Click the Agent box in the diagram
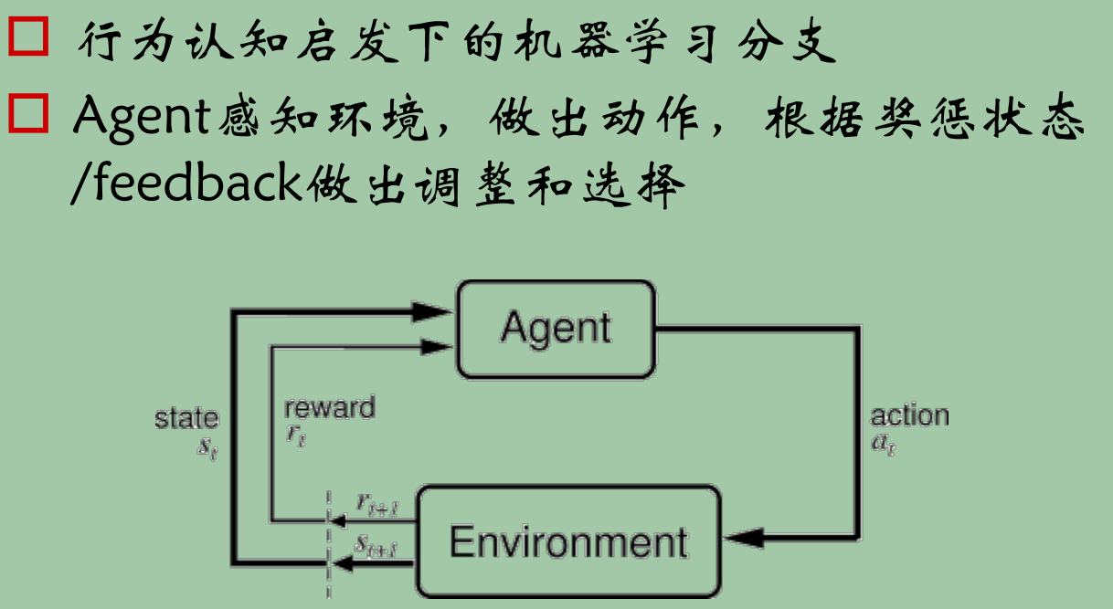pyautogui.click(x=556, y=329)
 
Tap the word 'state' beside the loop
pyautogui.click(x=186, y=419)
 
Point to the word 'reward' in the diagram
pyautogui.click(x=329, y=408)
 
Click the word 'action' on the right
pyautogui.click(x=909, y=416)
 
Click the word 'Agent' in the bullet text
pyautogui.click(x=142, y=117)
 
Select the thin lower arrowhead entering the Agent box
pyautogui.click(x=439, y=345)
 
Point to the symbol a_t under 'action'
pyautogui.click(x=883, y=445)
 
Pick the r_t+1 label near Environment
pyautogui.click(x=374, y=503)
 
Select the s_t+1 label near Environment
pyautogui.click(x=375, y=545)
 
